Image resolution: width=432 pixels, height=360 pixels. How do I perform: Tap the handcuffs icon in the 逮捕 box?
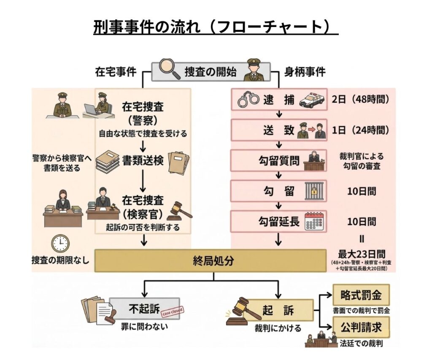coord(248,100)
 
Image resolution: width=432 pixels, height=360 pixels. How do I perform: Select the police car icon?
coord(312,100)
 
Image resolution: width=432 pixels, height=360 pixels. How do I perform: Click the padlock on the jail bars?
coord(314,192)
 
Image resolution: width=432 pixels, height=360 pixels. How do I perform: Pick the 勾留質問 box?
coord(279,161)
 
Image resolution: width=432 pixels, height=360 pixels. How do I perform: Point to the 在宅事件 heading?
coord(116,72)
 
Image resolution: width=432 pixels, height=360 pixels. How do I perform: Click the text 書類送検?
coord(143,161)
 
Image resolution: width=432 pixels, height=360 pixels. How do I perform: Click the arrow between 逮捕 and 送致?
coord(278,114)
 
